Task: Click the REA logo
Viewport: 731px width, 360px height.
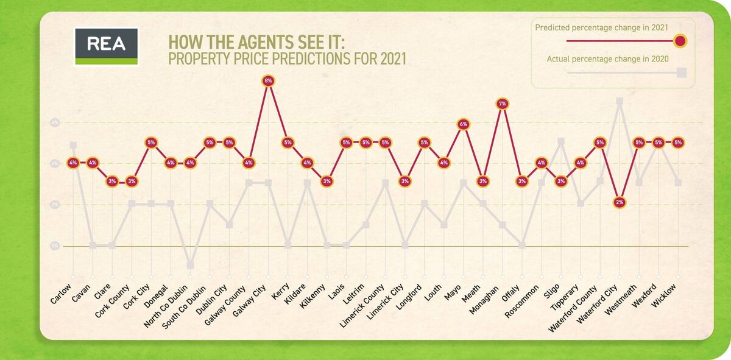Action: (106, 46)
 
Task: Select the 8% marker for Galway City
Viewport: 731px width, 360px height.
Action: (268, 80)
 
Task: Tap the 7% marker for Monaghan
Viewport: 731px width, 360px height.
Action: (503, 104)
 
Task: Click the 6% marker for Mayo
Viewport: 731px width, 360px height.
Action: (464, 124)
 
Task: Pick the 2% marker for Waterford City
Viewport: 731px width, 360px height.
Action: (620, 202)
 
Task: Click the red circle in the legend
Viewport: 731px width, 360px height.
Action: (681, 41)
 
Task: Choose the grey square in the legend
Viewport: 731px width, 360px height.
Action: (682, 72)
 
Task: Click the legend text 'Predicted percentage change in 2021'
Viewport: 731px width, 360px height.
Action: (601, 27)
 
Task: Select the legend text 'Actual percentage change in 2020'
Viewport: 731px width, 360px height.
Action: (608, 59)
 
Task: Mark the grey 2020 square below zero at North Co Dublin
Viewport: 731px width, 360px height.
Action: (190, 265)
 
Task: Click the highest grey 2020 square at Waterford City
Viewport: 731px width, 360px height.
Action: (620, 102)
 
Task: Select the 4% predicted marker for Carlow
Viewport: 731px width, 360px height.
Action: (73, 163)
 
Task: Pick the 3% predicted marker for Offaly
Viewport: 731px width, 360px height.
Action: (522, 181)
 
